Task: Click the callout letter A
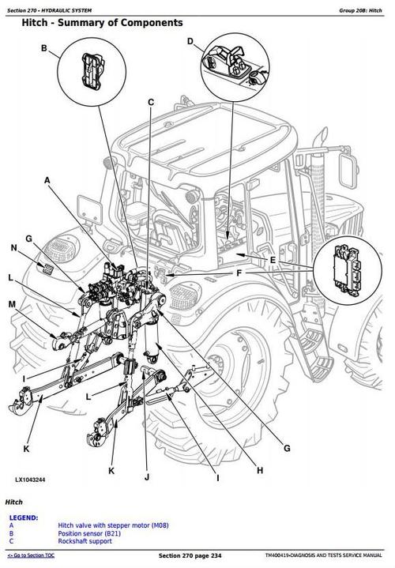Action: [x=47, y=181]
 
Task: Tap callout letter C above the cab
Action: [x=151, y=101]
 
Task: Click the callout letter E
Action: [x=273, y=261]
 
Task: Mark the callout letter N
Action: [x=13, y=249]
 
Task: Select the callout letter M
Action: [x=12, y=304]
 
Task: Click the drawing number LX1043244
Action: [x=31, y=480]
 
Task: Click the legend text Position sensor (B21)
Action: [x=89, y=533]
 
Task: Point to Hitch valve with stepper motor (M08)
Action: [x=107, y=525]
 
